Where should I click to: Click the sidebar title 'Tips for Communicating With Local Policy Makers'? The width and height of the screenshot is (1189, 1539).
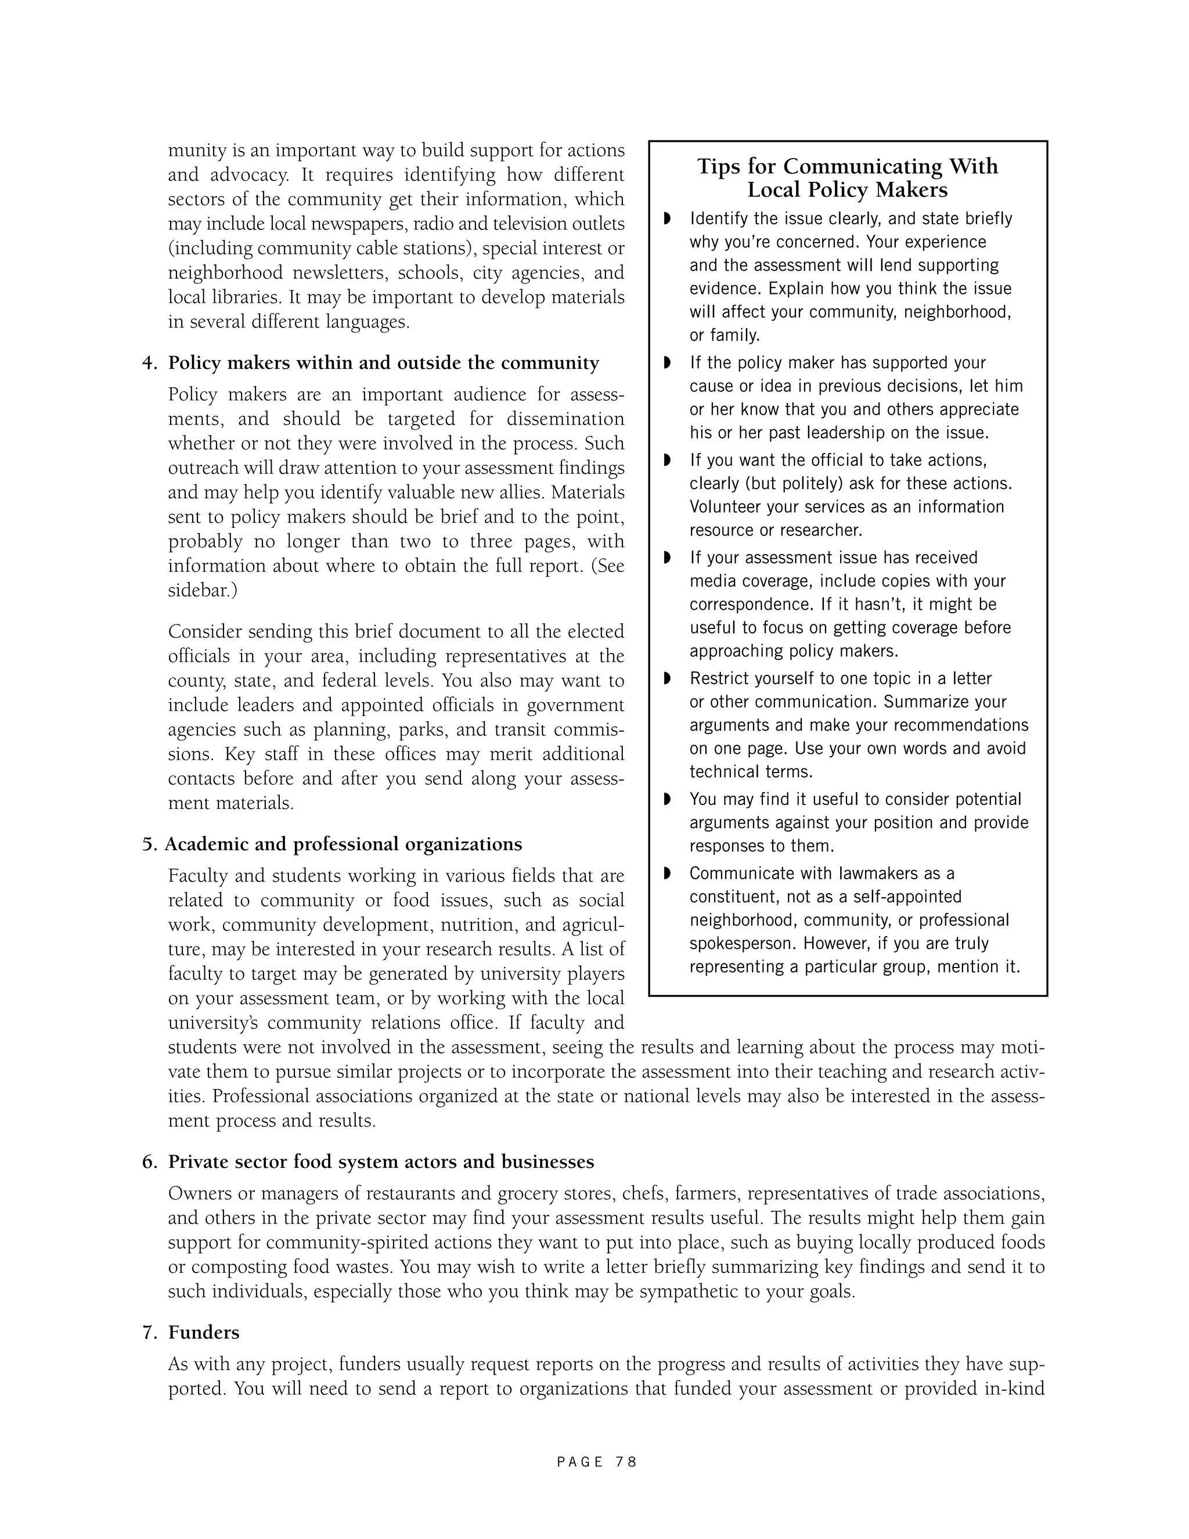[x=848, y=178]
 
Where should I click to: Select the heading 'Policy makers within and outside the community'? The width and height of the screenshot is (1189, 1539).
[x=383, y=363]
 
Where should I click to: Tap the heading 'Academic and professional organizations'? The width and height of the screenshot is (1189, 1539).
[x=344, y=844]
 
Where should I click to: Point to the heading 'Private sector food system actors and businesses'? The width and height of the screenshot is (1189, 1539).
[x=381, y=1162]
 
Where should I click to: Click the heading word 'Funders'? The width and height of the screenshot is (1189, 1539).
[x=204, y=1332]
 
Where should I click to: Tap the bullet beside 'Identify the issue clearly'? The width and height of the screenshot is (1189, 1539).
[x=667, y=218]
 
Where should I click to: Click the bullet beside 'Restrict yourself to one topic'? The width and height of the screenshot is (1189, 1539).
[x=667, y=678]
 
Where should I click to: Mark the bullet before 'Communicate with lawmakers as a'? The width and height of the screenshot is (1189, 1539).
[x=667, y=874]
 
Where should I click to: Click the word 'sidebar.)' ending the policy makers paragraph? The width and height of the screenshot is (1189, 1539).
[x=202, y=591]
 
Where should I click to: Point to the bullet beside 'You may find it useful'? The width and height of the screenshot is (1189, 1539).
[x=667, y=799]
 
